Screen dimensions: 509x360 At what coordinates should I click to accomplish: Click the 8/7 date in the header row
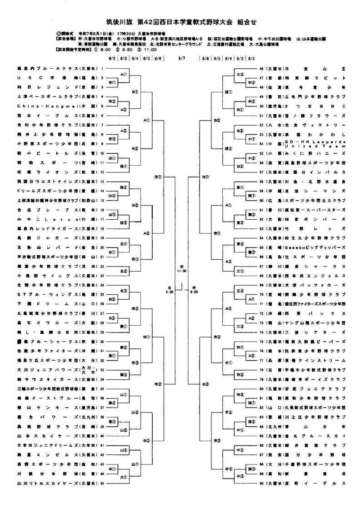181,58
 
